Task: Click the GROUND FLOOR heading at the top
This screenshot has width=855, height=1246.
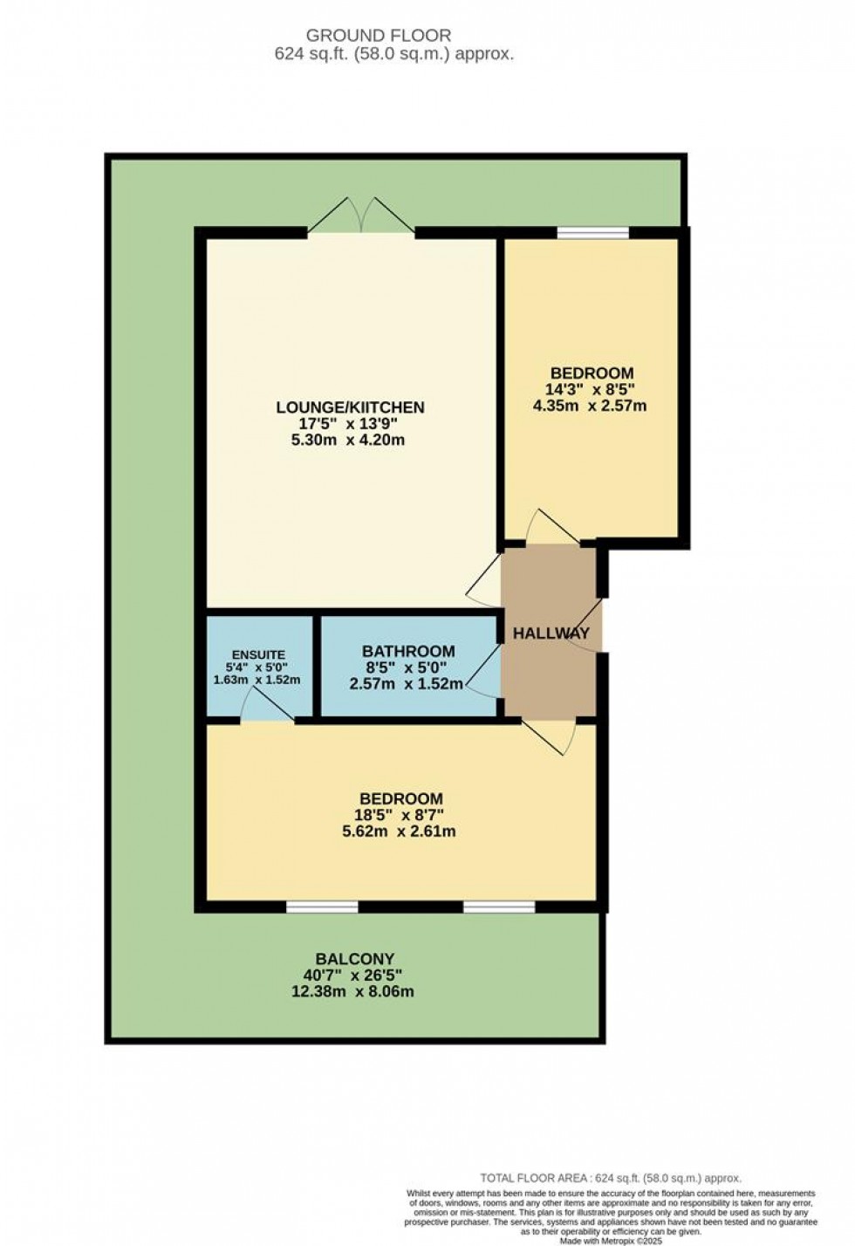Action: click(x=378, y=36)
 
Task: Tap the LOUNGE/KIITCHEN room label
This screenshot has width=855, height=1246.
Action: click(x=350, y=407)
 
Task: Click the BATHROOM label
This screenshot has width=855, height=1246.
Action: click(x=408, y=651)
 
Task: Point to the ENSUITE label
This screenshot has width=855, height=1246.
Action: click(x=258, y=655)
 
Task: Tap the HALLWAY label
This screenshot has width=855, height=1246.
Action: click(x=551, y=633)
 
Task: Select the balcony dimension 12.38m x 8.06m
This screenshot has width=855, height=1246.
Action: click(x=352, y=991)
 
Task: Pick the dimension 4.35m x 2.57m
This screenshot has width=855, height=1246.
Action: click(x=590, y=406)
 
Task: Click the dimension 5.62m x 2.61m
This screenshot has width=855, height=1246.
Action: click(x=400, y=832)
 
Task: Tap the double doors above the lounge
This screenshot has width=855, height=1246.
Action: click(x=360, y=215)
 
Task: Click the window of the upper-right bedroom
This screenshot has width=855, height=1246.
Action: click(x=593, y=233)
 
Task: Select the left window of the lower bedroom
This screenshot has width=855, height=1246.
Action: click(x=322, y=907)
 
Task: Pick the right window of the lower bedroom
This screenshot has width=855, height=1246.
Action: click(x=499, y=907)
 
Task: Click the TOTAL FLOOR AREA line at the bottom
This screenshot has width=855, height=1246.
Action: click(x=611, y=1178)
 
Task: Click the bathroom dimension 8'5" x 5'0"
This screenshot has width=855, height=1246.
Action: click(x=406, y=667)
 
